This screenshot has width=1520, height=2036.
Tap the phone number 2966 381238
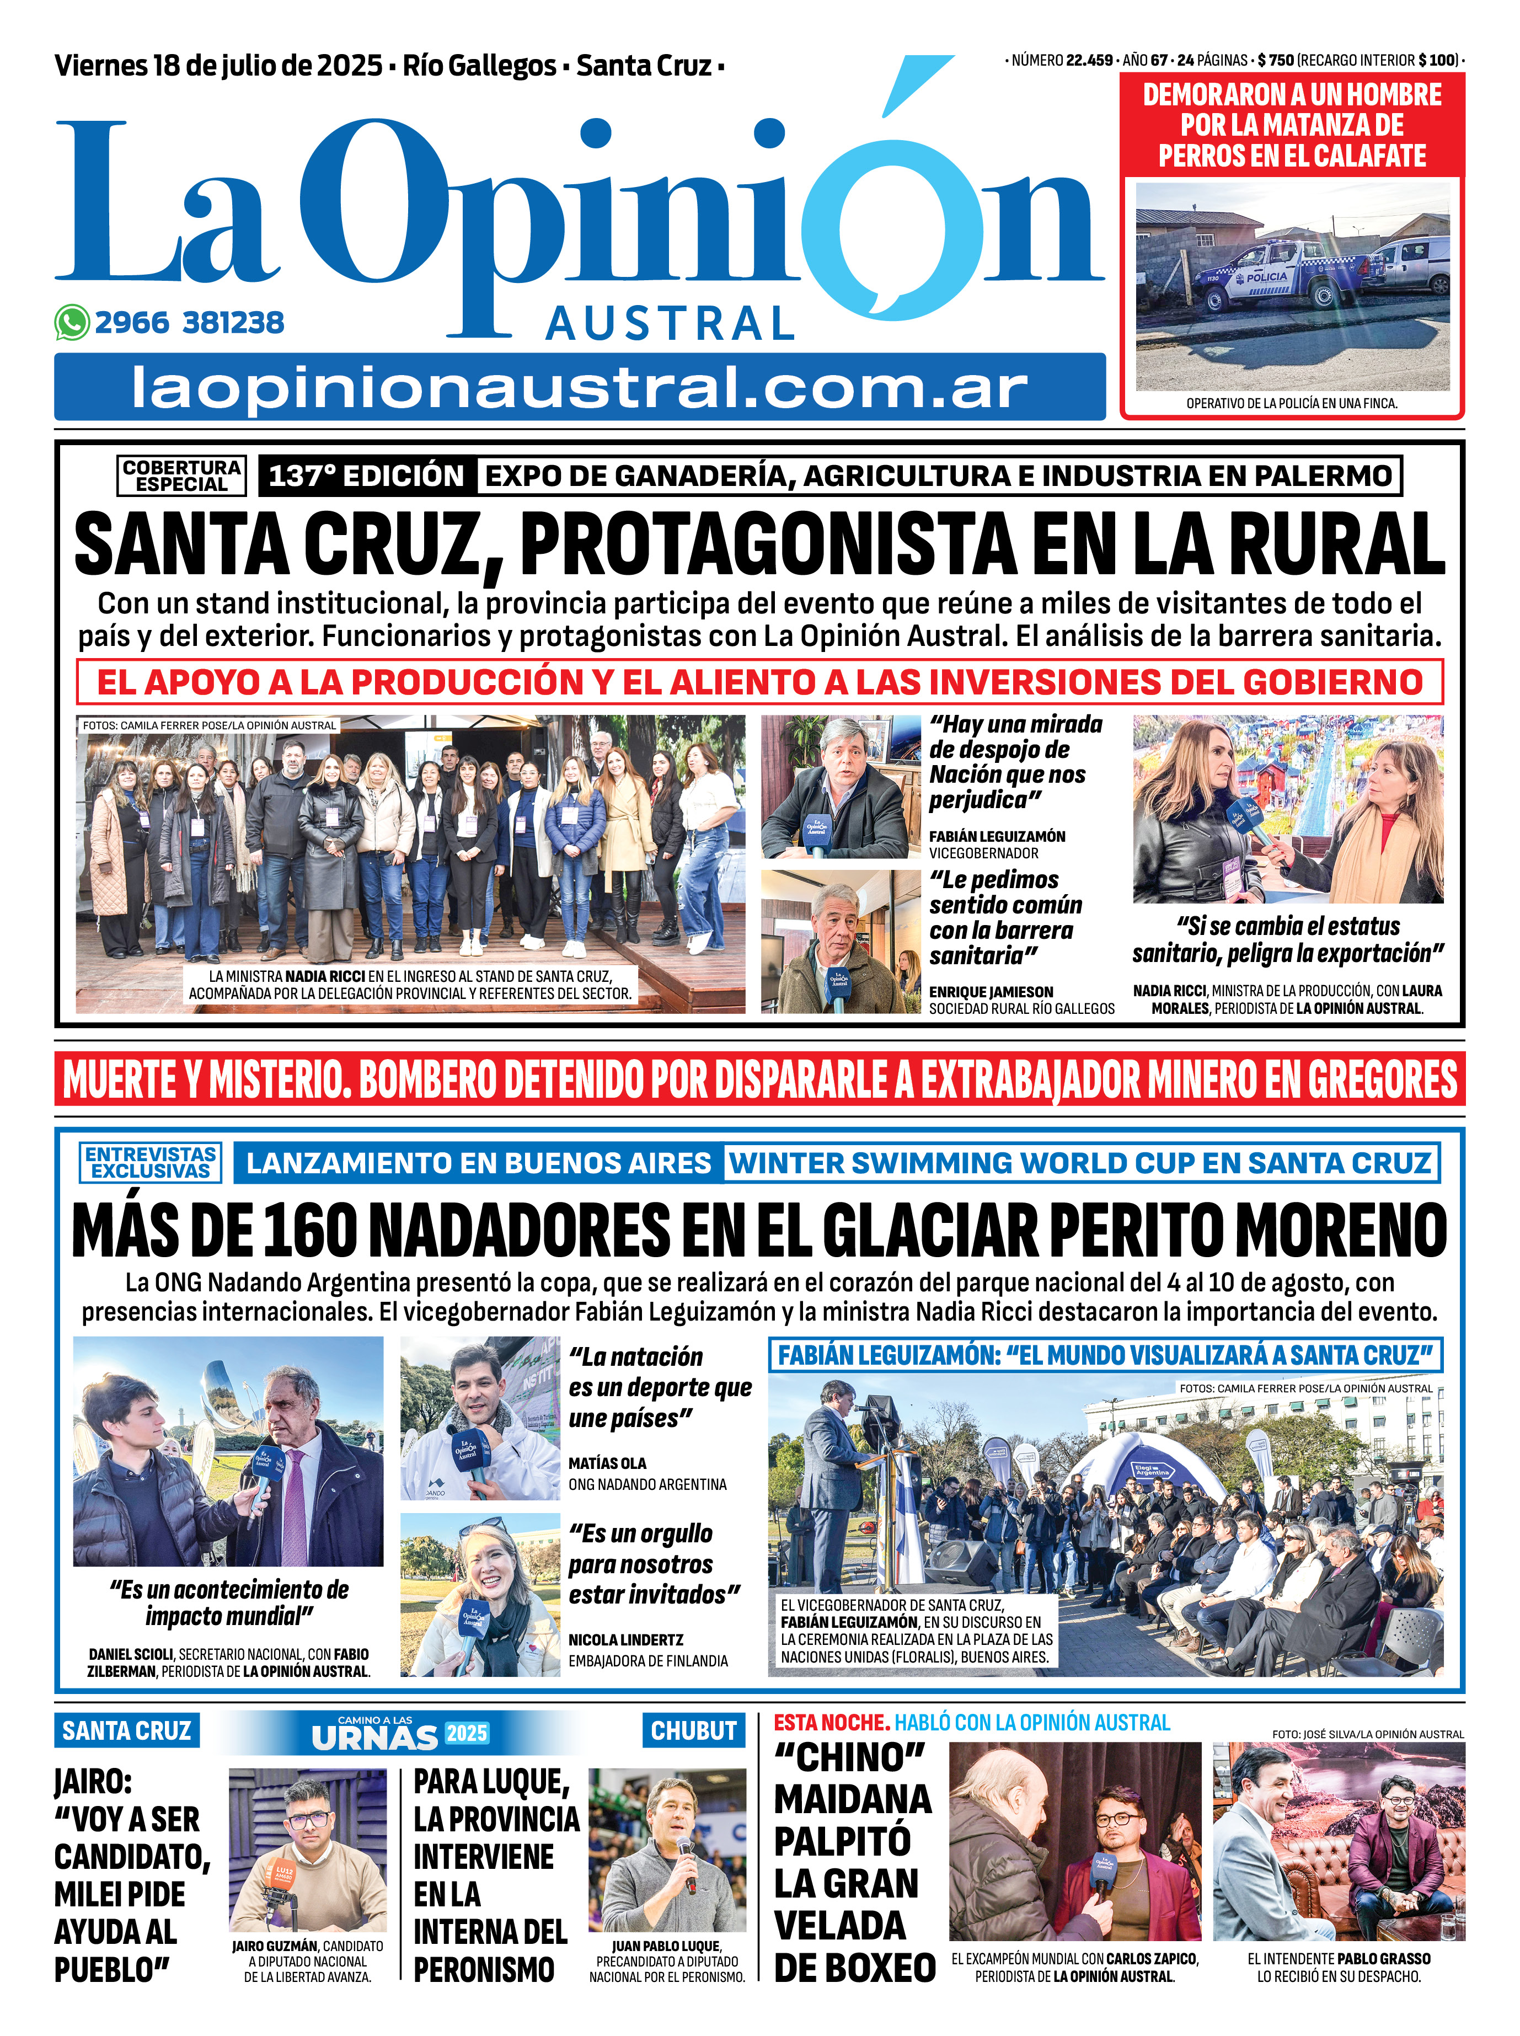pos(190,323)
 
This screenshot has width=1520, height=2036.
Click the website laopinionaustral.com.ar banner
pos(580,387)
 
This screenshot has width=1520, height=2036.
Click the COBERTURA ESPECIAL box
pos(182,475)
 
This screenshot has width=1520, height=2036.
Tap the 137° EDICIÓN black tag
pos(366,475)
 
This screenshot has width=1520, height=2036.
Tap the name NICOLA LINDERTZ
pos(625,1639)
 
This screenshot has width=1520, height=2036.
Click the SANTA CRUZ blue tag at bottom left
pos(126,1730)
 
